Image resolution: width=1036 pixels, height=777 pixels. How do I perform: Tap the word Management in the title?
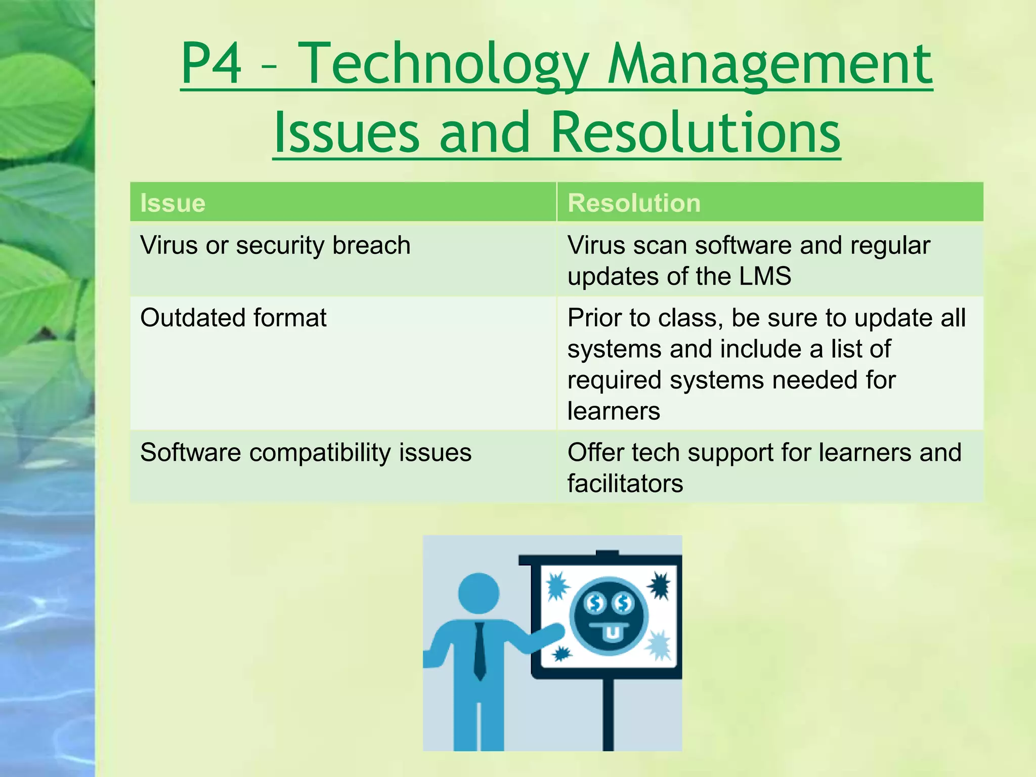coord(770,64)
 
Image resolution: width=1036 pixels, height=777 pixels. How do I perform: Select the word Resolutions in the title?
coord(695,133)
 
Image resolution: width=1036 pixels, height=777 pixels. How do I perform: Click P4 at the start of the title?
coord(211,64)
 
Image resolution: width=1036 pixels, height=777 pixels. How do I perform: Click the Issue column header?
coord(173,203)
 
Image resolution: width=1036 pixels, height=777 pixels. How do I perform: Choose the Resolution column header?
coord(634,203)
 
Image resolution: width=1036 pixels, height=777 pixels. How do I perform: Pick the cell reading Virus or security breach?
coord(275,246)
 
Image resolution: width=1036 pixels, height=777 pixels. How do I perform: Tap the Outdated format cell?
coord(233,318)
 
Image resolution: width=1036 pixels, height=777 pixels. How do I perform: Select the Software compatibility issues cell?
coord(306,453)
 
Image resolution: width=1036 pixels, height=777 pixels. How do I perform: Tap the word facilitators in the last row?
coord(625,484)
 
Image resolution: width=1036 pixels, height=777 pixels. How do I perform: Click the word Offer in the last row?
coord(595,453)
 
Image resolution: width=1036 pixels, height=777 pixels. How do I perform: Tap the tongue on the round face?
coord(612,633)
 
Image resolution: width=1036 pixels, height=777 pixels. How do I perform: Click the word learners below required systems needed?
coord(613,411)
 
